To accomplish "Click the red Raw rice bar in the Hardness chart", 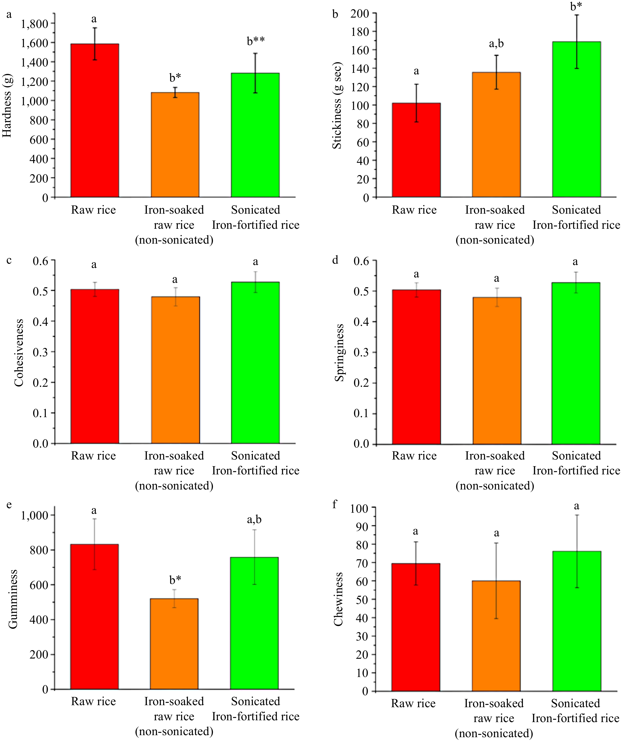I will click(x=95, y=120).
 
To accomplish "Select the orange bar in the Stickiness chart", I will click(x=496, y=134).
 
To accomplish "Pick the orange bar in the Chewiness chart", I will click(x=496, y=635).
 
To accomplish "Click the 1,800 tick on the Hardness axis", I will click(x=34, y=24).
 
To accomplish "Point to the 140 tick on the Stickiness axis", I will click(x=360, y=69).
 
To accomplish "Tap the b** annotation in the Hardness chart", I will click(x=256, y=41).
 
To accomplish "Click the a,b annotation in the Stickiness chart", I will click(x=496, y=44).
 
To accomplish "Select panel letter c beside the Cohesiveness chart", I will click(x=9, y=260).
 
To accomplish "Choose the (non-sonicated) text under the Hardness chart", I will click(x=174, y=240).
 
